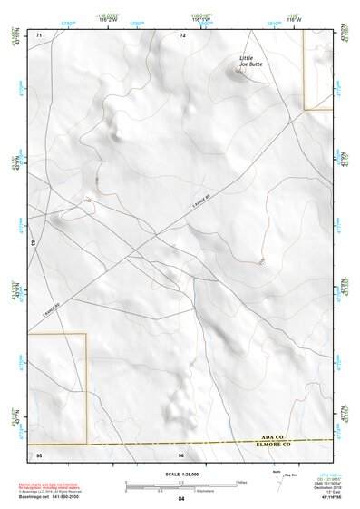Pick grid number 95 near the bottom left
(x=39, y=454)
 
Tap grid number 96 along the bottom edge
(x=181, y=454)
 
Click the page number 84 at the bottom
(x=181, y=498)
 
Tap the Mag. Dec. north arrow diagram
(x=277, y=480)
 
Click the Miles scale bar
(x=181, y=482)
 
